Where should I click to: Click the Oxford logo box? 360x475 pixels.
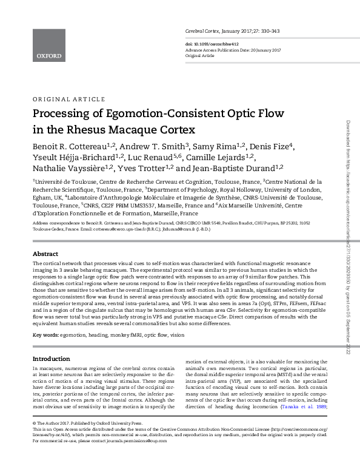(x=48, y=45)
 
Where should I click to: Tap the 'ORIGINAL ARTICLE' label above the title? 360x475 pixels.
(x=64, y=98)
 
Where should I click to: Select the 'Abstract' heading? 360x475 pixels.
(x=45, y=271)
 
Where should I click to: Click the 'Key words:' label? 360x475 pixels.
(x=45, y=335)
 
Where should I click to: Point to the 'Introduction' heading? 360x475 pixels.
(x=51, y=359)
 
